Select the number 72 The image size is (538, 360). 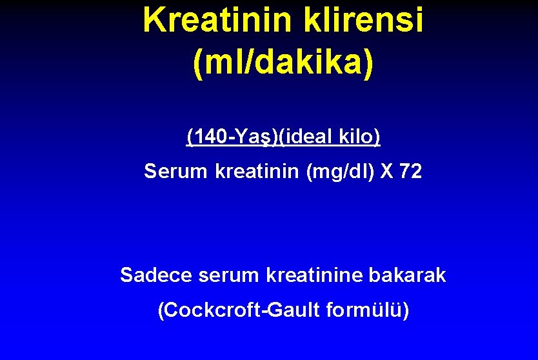410,172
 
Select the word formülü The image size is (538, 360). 366,310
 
